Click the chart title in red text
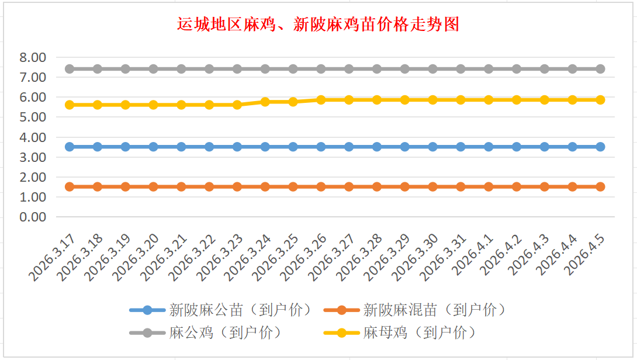point(318,24)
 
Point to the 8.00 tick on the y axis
point(32,57)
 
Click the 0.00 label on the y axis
point(32,217)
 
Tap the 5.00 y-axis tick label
point(32,117)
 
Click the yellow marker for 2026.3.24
point(265,102)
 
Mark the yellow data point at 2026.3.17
point(70,105)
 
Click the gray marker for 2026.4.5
point(600,69)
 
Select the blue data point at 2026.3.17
point(70,147)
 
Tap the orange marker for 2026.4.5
point(600,186)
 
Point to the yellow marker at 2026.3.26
point(321,100)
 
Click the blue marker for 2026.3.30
point(432,147)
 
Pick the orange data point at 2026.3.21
point(181,186)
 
